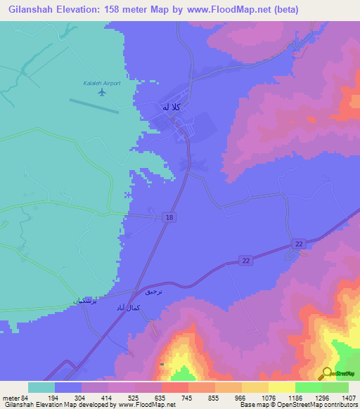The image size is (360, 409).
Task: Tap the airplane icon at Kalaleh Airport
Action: [x=103, y=92]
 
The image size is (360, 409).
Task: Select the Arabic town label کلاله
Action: [x=172, y=107]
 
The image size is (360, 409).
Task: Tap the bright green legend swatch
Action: [x=308, y=387]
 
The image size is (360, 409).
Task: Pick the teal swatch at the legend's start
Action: [x=41, y=387]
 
